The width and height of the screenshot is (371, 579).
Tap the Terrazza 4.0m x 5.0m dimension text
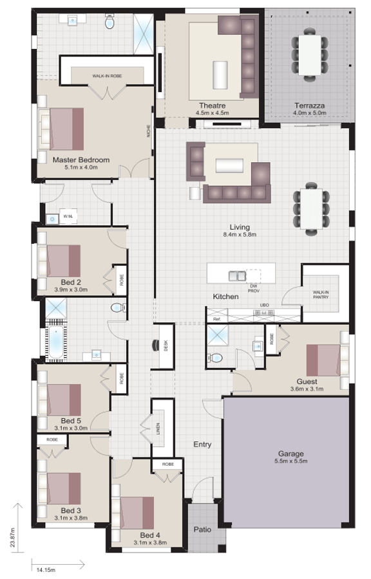pyautogui.click(x=310, y=113)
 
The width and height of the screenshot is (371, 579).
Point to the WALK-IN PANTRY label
pyautogui.click(x=321, y=294)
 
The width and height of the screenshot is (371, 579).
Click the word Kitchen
pyautogui.click(x=226, y=297)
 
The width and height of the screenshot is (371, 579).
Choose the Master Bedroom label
pyautogui.click(x=81, y=160)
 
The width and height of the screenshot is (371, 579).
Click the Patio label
pyautogui.click(x=203, y=530)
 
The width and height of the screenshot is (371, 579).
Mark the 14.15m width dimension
pyautogui.click(x=45, y=570)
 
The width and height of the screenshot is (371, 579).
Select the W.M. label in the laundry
pyautogui.click(x=68, y=216)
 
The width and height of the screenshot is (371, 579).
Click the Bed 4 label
pyautogui.click(x=149, y=535)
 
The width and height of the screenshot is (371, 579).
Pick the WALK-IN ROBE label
pyautogui.click(x=107, y=76)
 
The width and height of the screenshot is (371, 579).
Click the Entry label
pyautogui.click(x=203, y=444)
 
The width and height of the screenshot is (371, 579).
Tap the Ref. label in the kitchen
pyautogui.click(x=217, y=319)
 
